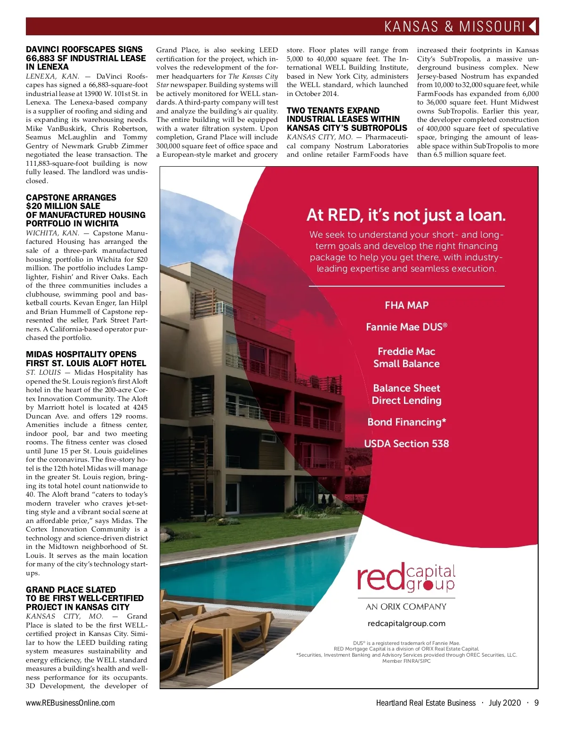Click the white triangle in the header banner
coord(533,26)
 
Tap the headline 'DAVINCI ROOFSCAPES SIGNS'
coord(84,49)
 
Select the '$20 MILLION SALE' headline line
coord(63,206)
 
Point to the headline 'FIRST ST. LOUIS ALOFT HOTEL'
coord(86,363)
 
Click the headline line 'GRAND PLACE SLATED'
coord(71,590)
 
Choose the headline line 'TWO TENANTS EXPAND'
coord(333,111)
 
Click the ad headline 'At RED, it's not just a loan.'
coord(406,215)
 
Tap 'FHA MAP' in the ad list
coord(406,305)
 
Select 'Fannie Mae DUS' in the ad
coord(406,327)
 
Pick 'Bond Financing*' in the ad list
coord(406,422)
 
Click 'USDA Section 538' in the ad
coord(406,443)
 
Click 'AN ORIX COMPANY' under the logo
coord(406,607)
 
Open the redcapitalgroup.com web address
coord(406,623)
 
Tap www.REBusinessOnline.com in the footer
coord(70,703)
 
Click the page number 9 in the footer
coord(536,703)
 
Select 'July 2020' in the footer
coord(505,703)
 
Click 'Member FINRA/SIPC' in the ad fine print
coord(406,661)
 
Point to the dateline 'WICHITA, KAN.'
coord(52,233)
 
